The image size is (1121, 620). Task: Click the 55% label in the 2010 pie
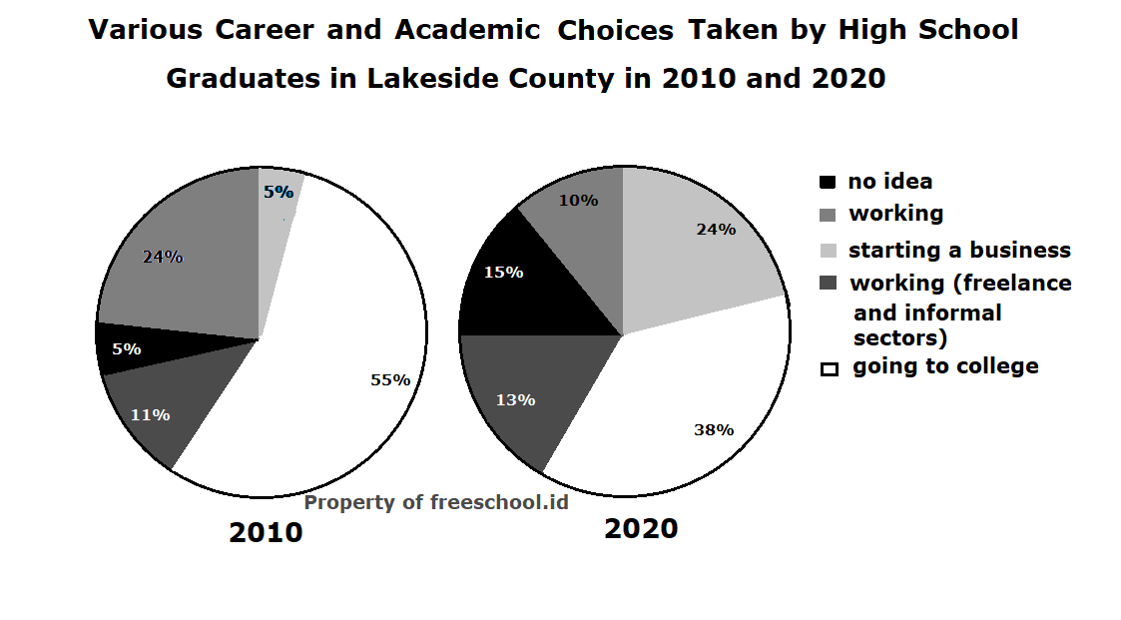point(390,379)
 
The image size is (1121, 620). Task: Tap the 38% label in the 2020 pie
point(714,430)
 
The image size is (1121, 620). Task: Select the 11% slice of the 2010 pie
point(160,409)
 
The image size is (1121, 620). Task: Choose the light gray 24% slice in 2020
point(699,240)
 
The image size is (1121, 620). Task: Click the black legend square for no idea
point(828,183)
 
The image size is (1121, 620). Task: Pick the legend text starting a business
point(959,250)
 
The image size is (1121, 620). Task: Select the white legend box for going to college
point(829,368)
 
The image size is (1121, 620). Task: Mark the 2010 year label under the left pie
point(266,532)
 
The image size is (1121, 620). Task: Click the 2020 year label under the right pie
point(641,528)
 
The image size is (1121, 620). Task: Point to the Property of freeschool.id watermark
point(436,502)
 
